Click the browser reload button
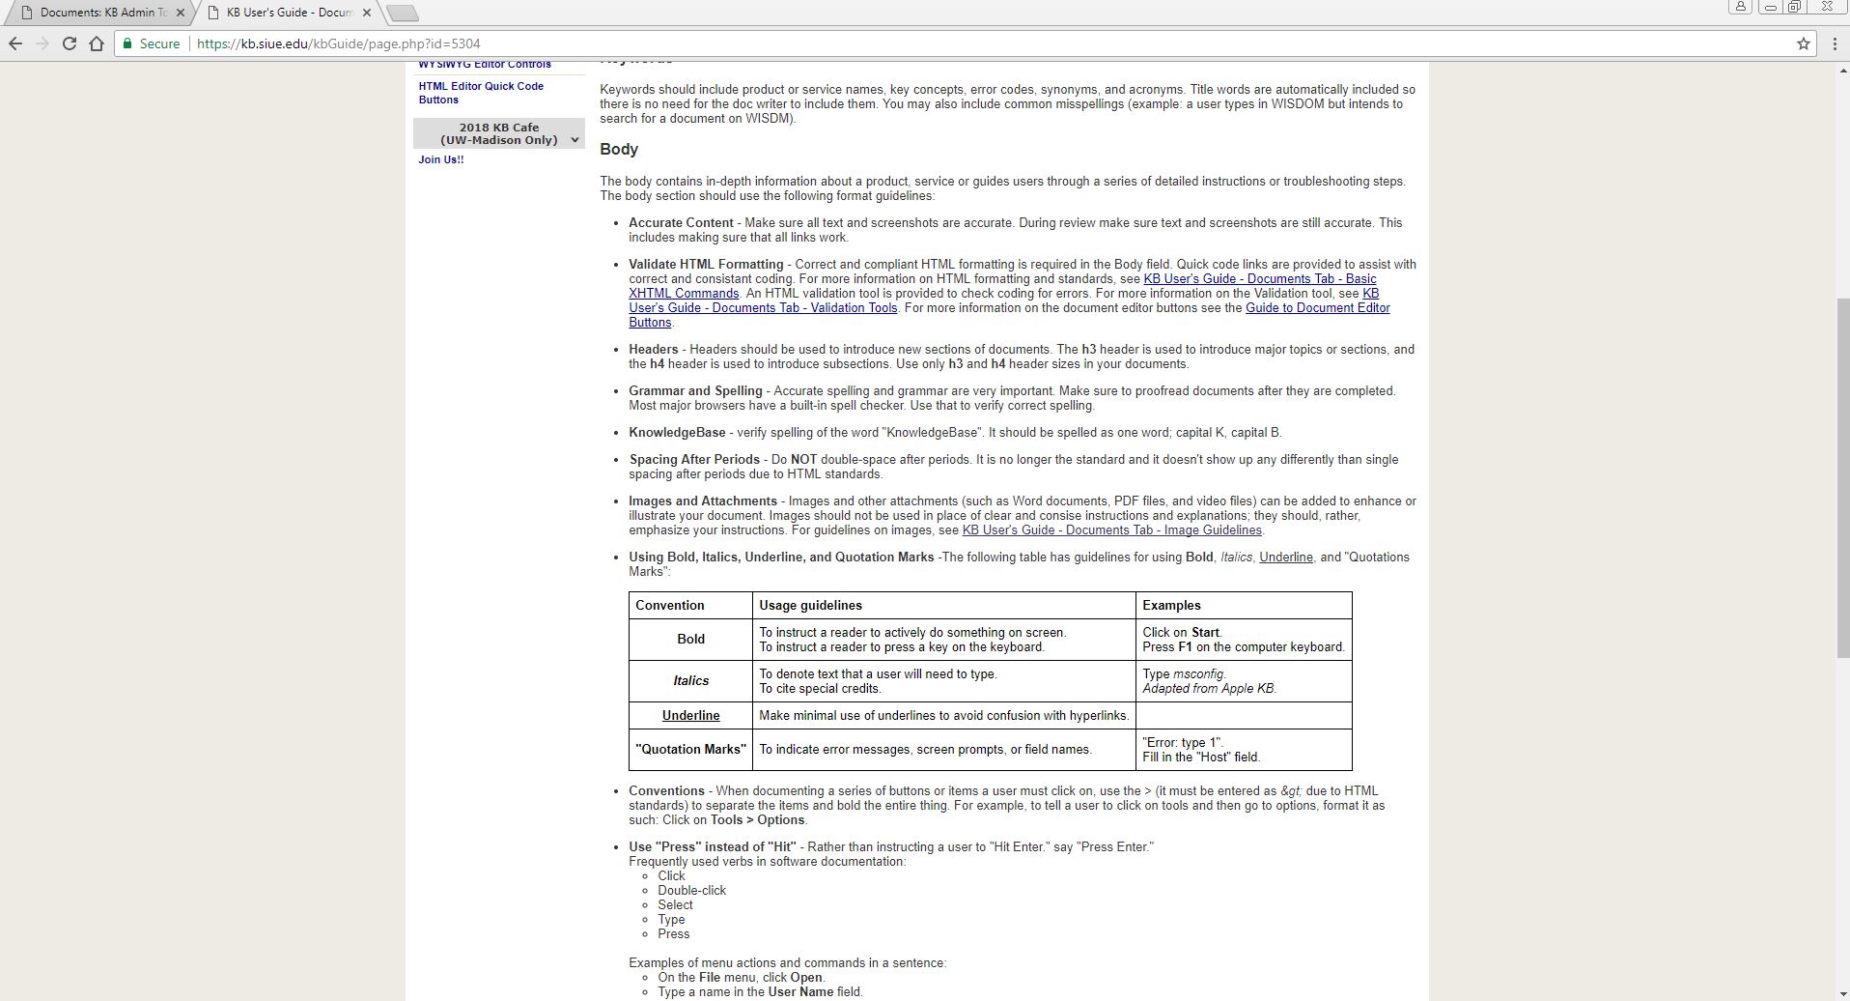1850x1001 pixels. tap(70, 43)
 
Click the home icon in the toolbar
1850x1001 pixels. tap(97, 43)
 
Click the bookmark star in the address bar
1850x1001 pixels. tap(1803, 43)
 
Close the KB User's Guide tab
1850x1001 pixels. tap(366, 13)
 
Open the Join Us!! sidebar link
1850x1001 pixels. tap(440, 159)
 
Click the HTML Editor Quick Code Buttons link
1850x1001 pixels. tap(480, 93)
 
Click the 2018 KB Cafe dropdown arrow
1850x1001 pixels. tap(575, 140)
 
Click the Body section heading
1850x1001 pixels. tap(619, 149)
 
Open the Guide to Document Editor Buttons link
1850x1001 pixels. tap(1317, 308)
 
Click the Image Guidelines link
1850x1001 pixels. tap(1111, 530)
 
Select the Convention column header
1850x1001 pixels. tap(669, 606)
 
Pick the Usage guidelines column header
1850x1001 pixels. tap(810, 606)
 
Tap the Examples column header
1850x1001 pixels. tap(1171, 606)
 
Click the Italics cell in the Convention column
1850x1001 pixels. tap(690, 681)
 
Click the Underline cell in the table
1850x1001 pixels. tap(690, 716)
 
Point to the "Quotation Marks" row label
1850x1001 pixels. tap(690, 750)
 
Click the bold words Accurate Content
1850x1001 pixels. tap(681, 223)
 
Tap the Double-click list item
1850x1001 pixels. tap(691, 891)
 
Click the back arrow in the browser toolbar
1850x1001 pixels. tap(15, 43)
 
